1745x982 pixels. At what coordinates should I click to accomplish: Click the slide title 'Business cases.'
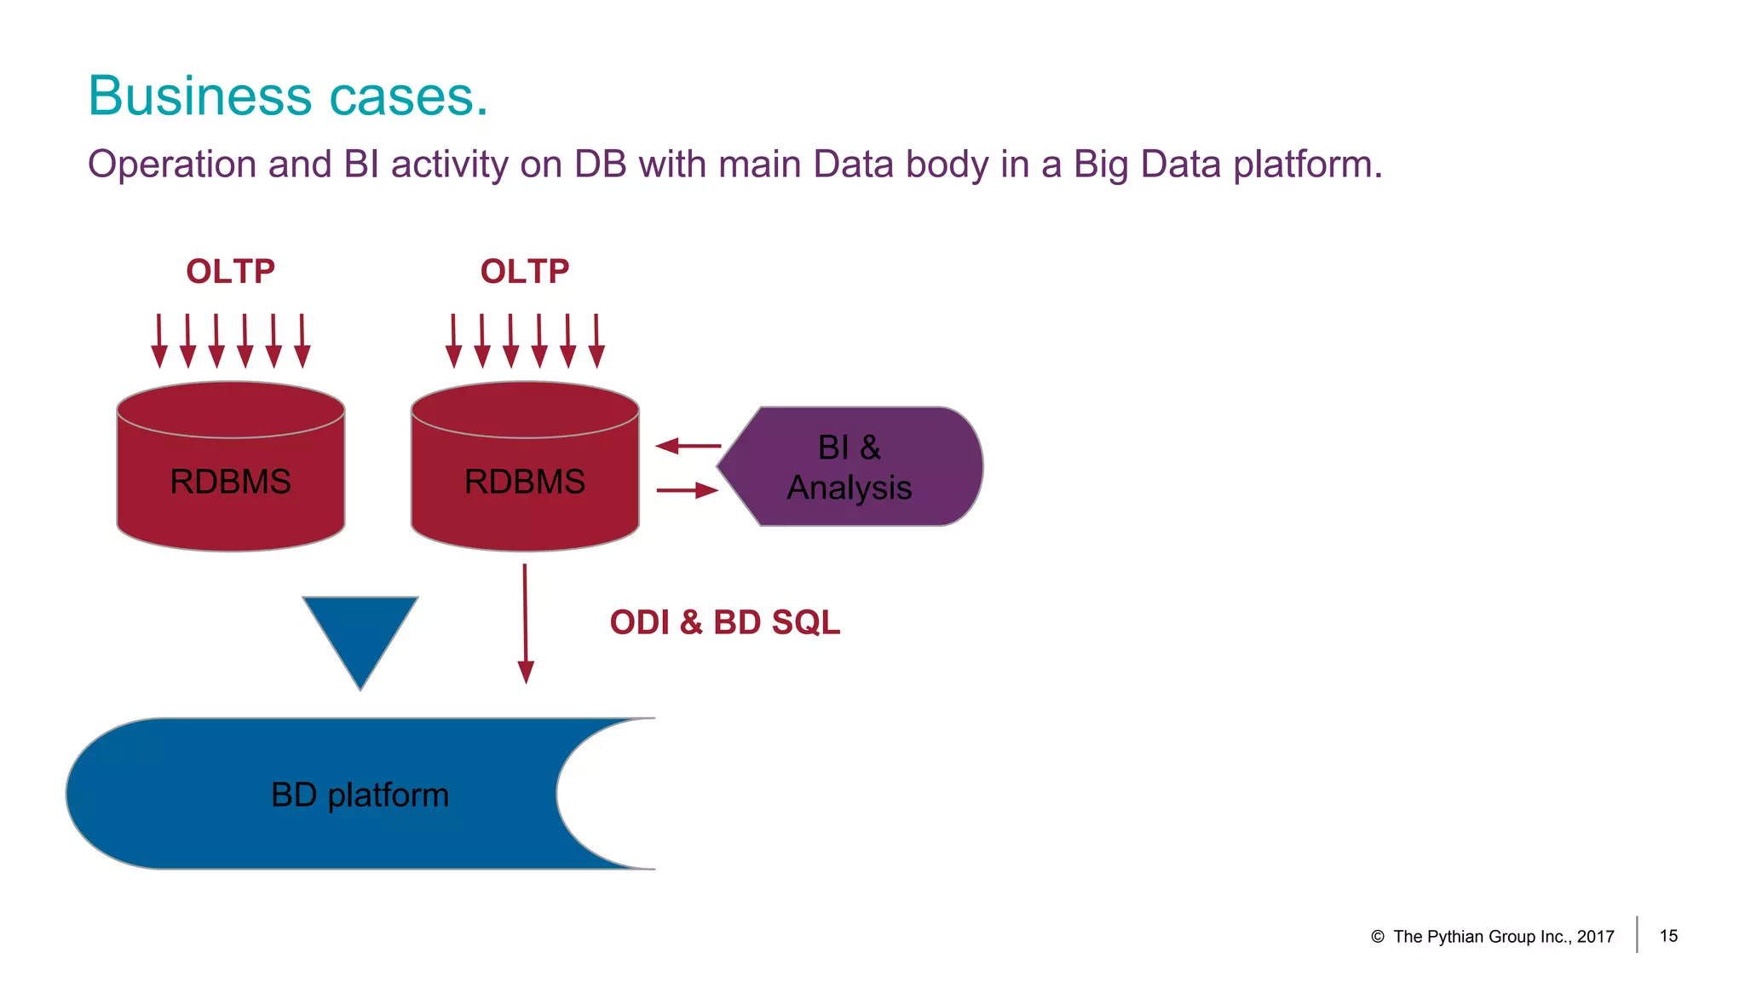288,95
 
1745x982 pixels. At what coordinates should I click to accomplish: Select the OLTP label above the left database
230,272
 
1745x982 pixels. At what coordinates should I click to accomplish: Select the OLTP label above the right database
524,272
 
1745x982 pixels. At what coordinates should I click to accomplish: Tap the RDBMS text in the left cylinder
230,482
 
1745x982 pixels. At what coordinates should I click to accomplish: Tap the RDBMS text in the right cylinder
524,482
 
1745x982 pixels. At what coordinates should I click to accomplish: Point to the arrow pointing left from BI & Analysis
688,445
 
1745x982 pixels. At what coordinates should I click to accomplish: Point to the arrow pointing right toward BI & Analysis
688,490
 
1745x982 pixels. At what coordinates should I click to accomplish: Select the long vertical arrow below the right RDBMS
525,622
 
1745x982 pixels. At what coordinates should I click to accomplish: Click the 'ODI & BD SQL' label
724,622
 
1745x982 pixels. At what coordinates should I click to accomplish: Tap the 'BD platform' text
360,794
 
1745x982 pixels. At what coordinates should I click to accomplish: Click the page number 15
1668,936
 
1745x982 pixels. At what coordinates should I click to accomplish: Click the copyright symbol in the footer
1377,937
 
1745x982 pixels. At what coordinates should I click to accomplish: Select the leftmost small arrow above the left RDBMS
158,341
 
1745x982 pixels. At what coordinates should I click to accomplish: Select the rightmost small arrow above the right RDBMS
596,341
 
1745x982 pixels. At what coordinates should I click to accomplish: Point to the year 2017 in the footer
1595,937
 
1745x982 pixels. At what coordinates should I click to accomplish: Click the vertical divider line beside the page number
1637,934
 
